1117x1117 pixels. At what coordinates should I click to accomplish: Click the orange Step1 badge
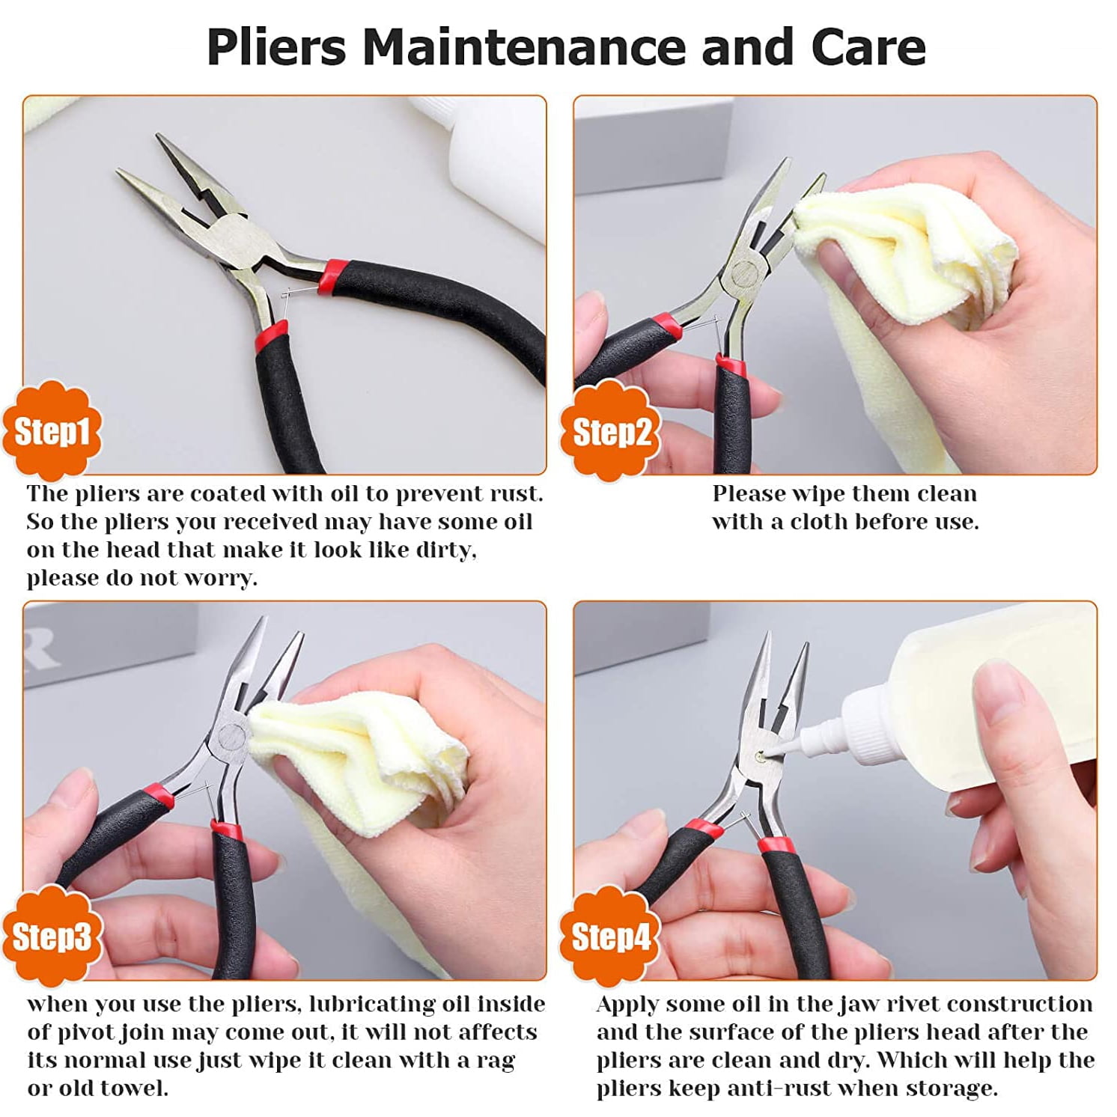(51, 430)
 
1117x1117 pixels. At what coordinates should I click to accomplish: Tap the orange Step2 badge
(610, 430)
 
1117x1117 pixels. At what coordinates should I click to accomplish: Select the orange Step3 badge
(51, 936)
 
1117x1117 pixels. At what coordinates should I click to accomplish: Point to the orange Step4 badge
(610, 936)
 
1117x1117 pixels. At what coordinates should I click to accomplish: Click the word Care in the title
(868, 46)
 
